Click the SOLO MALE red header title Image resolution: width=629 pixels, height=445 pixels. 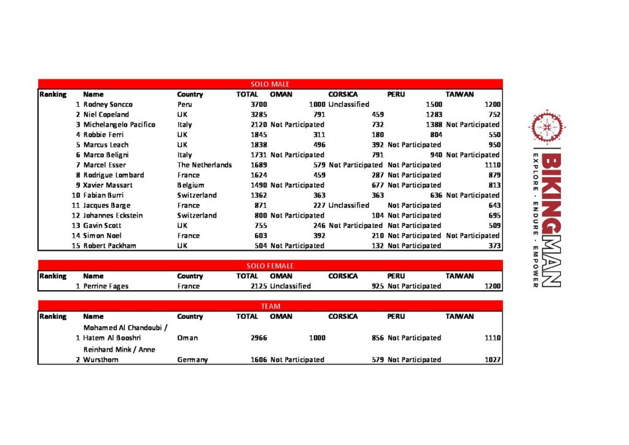(x=270, y=84)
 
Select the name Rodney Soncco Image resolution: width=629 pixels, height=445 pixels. (x=107, y=104)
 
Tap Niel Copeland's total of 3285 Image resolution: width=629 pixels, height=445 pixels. (x=258, y=114)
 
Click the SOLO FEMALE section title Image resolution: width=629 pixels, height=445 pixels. (x=270, y=266)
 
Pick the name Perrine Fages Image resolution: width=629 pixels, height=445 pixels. (x=106, y=286)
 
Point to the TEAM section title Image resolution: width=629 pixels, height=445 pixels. (x=270, y=306)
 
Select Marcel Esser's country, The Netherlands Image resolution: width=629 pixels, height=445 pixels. (x=205, y=165)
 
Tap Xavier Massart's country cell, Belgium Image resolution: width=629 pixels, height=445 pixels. (x=190, y=185)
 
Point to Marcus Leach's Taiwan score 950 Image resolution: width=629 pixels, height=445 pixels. (x=493, y=145)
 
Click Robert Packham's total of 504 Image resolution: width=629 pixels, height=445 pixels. (x=260, y=246)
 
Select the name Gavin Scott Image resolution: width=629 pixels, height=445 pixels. (x=102, y=226)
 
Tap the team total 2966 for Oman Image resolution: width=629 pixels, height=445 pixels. (x=258, y=337)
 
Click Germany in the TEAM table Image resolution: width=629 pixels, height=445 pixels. (x=192, y=360)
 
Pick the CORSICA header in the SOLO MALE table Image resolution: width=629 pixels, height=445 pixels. (x=343, y=94)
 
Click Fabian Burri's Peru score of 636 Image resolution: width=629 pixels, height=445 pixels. (x=436, y=195)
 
